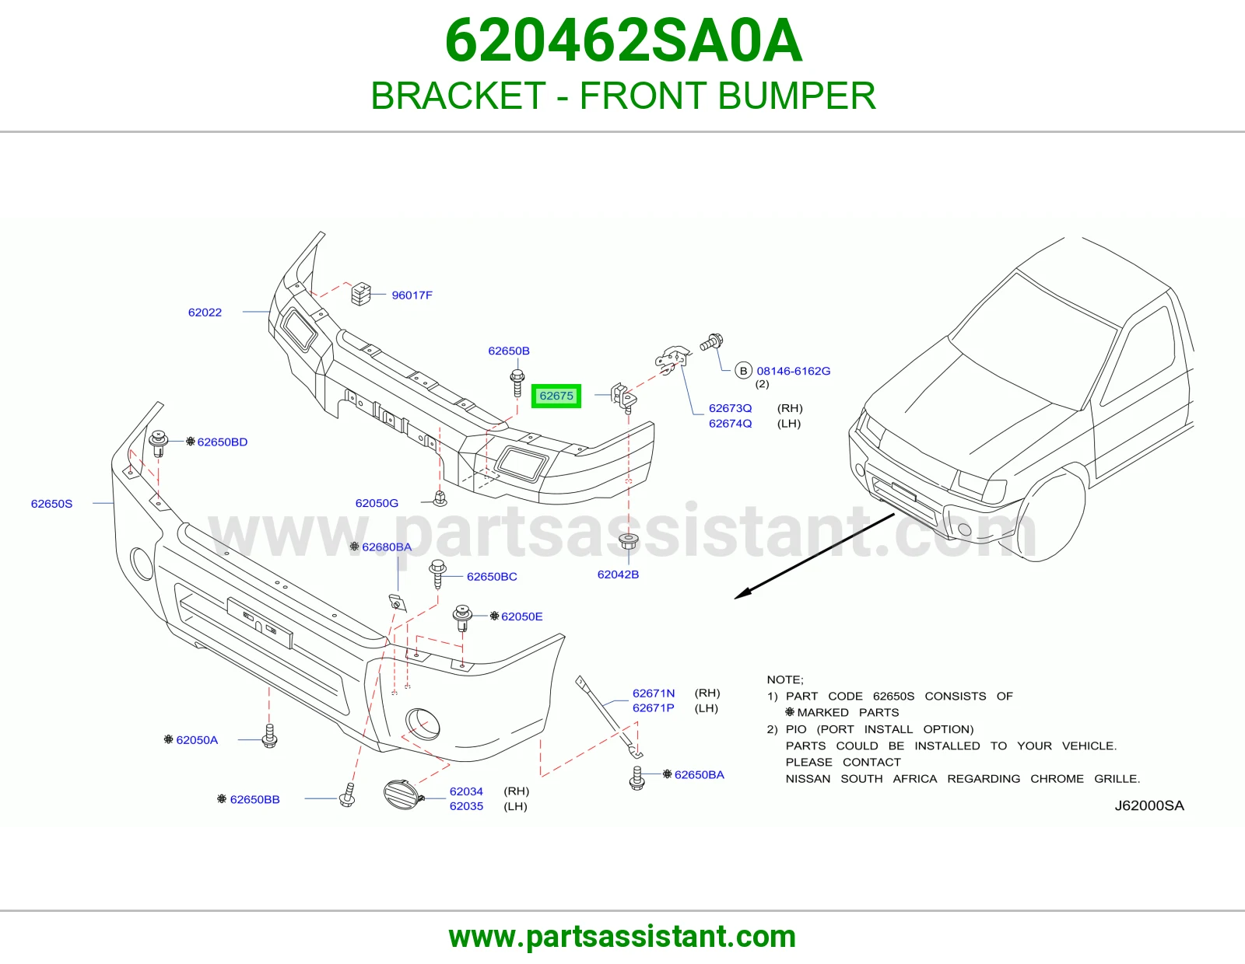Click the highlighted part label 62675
(x=556, y=396)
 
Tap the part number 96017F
(x=412, y=295)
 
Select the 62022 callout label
(x=205, y=313)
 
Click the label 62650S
(x=51, y=504)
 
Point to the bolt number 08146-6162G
(x=794, y=371)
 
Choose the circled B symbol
(x=743, y=371)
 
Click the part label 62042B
(x=618, y=575)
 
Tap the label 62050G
(x=377, y=503)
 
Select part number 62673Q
(x=730, y=408)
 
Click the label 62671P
(x=653, y=708)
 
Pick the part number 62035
(x=466, y=806)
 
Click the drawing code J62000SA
(x=1149, y=805)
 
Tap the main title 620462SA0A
(x=623, y=40)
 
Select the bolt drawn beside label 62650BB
(x=348, y=796)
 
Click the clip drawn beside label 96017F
(x=360, y=294)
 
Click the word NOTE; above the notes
(x=785, y=679)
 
